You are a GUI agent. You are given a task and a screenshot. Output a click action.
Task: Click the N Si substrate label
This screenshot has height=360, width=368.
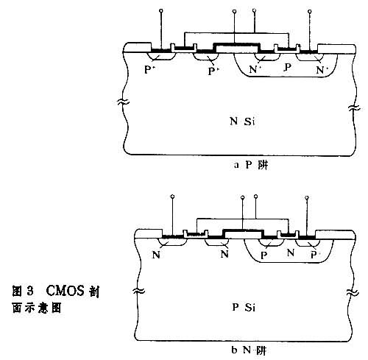pos(242,121)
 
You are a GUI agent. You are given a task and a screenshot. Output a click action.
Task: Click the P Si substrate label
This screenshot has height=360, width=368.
pos(244,307)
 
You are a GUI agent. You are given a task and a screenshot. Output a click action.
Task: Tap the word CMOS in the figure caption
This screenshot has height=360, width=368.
pos(65,291)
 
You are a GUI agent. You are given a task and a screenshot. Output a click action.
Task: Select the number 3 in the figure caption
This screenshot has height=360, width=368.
pos(30,292)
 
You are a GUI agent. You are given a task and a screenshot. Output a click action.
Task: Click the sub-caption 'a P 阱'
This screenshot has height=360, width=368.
pos(250,165)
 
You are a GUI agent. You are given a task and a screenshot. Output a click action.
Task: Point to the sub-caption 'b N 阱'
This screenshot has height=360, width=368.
pos(249,350)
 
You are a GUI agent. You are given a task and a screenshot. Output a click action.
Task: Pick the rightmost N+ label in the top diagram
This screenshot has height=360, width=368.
pos(321,70)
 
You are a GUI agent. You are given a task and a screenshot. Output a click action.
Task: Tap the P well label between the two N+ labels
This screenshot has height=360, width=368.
pos(288,67)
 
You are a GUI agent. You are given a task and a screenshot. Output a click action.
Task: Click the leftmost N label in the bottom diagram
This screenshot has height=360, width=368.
pos(156,255)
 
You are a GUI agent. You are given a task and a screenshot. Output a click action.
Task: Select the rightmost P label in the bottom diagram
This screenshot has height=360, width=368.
pos(314,255)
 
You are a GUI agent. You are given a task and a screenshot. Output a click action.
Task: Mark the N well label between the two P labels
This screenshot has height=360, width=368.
pos(291,253)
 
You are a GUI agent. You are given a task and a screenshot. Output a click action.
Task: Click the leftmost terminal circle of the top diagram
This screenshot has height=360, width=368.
pos(161,11)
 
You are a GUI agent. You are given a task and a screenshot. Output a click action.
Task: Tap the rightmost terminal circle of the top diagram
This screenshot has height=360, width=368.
pos(310,12)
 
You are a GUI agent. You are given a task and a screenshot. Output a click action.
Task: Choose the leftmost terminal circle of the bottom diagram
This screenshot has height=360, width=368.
pos(172,197)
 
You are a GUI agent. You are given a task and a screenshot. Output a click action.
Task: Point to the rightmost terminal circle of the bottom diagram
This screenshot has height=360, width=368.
pos(307,197)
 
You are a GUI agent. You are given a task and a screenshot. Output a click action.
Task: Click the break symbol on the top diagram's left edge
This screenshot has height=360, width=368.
pos(123,102)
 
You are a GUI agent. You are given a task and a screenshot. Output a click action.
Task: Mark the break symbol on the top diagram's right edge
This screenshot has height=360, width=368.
pos(355,108)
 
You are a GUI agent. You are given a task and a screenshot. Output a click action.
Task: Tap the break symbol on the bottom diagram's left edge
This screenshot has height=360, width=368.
pos(139,291)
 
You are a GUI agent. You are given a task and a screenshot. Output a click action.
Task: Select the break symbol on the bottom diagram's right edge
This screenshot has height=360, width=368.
pos(353,292)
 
